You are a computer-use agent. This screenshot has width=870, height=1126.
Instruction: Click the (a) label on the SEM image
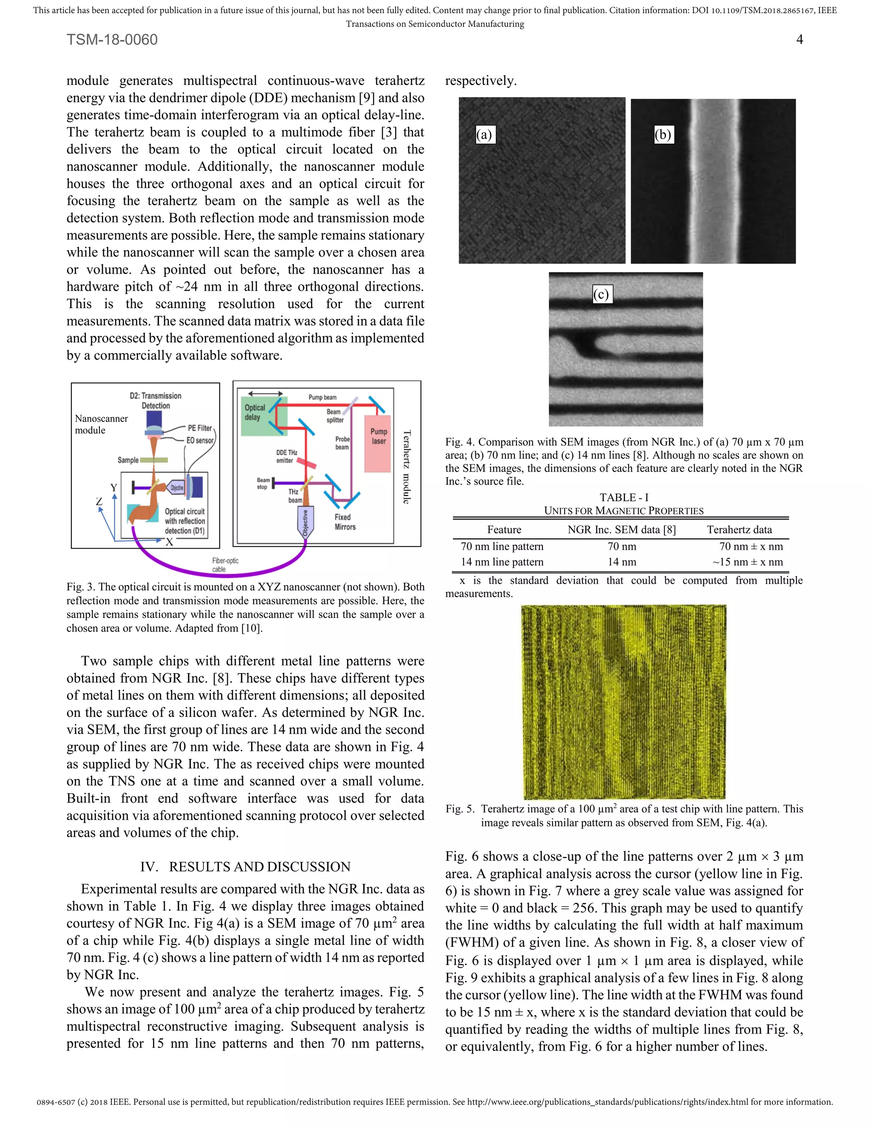(x=484, y=135)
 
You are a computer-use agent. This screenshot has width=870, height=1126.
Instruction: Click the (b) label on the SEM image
(x=663, y=135)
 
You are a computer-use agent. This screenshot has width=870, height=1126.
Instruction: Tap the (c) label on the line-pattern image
(x=601, y=294)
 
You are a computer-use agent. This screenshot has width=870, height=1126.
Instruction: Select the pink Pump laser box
(x=378, y=443)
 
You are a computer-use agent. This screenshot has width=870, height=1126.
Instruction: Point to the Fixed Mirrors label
(x=345, y=522)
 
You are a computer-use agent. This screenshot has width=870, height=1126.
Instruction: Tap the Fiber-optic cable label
(x=225, y=565)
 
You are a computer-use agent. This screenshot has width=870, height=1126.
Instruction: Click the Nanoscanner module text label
(x=101, y=424)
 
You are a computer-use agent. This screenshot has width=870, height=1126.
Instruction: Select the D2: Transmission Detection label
(x=155, y=401)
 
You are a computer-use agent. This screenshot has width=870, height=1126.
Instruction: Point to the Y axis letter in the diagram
(x=113, y=488)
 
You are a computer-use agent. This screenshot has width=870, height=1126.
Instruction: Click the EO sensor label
(x=200, y=440)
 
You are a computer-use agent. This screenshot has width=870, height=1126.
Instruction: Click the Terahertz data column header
(x=739, y=529)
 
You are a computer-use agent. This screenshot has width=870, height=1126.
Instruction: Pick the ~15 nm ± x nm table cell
(x=747, y=562)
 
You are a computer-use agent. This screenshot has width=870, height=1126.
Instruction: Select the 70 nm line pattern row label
(x=502, y=546)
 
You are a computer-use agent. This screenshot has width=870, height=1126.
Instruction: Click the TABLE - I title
(x=624, y=498)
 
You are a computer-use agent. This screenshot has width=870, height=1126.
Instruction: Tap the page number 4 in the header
(x=799, y=40)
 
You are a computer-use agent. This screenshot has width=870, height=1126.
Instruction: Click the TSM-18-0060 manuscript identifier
(x=112, y=40)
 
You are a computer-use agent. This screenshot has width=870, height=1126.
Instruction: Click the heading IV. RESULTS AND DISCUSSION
(x=246, y=867)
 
